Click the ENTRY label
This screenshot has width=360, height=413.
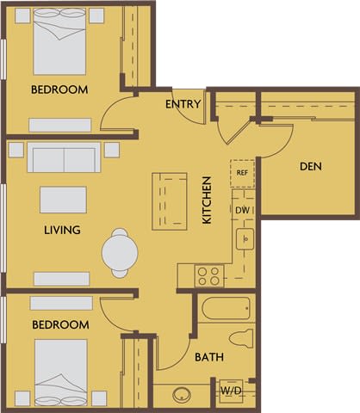[183, 104]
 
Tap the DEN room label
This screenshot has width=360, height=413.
[310, 166]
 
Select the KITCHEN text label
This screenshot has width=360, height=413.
[207, 200]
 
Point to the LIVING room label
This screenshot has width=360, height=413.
[62, 230]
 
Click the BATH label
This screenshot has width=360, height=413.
[208, 356]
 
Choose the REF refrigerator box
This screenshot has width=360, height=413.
[242, 171]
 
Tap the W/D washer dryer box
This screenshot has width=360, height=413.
[231, 390]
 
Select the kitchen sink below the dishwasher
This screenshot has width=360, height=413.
[244, 238]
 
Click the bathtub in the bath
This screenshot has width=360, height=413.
[226, 308]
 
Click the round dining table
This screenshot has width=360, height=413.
[120, 252]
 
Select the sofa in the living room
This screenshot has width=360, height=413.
[64, 158]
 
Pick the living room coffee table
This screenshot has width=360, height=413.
[63, 200]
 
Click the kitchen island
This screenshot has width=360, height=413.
[170, 200]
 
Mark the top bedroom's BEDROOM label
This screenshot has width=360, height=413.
[59, 89]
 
